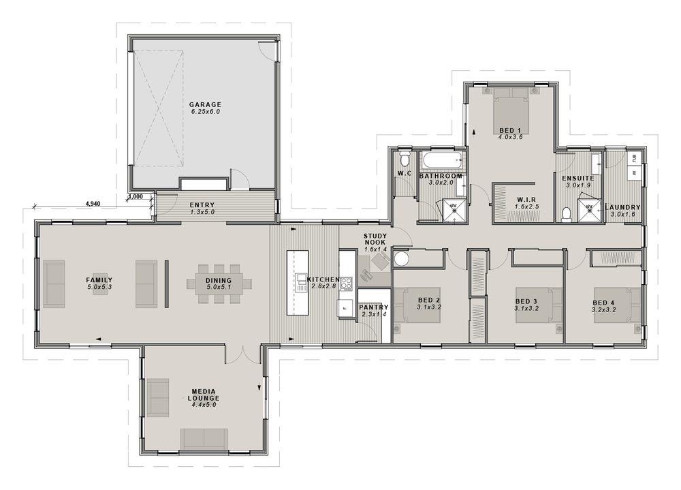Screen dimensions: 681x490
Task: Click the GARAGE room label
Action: pyautogui.click(x=205, y=104)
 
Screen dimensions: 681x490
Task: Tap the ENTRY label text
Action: pyautogui.click(x=202, y=205)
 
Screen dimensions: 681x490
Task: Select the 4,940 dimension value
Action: pyautogui.click(x=93, y=204)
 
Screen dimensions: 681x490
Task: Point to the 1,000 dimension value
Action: pyautogui.click(x=136, y=196)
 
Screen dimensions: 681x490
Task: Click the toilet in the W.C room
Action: pyautogui.click(x=405, y=159)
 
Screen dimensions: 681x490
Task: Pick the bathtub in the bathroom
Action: pyautogui.click(x=442, y=162)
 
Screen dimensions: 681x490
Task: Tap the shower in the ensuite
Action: pyautogui.click(x=589, y=211)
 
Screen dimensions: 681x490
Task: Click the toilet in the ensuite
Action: pyautogui.click(x=567, y=215)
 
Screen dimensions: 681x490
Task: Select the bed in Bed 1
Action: pyautogui.click(x=510, y=111)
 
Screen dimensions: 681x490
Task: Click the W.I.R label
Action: pyautogui.click(x=526, y=200)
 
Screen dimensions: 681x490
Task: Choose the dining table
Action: pyautogui.click(x=219, y=284)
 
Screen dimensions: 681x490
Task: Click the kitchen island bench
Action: pyautogui.click(x=298, y=283)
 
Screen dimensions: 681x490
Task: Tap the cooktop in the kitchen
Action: pyautogui.click(x=346, y=284)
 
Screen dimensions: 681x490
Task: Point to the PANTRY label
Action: pyautogui.click(x=373, y=307)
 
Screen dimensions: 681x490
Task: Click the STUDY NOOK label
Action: pyautogui.click(x=375, y=239)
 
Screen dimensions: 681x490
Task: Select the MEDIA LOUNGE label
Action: pyautogui.click(x=204, y=395)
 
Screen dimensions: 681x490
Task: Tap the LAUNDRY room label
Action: pyautogui.click(x=622, y=207)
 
